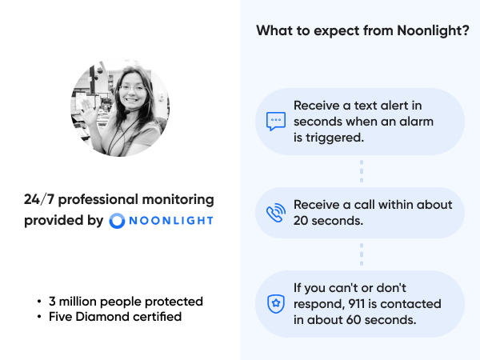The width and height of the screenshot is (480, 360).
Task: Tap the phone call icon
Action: (275, 213)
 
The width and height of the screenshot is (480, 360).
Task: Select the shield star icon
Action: (275, 304)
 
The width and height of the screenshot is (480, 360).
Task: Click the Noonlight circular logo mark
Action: (117, 220)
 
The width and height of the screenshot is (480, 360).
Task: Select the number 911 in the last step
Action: (380, 304)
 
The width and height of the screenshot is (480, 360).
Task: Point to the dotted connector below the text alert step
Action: (362, 171)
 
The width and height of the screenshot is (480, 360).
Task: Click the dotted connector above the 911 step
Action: (362, 254)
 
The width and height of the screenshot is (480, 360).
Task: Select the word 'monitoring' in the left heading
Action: (177, 199)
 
